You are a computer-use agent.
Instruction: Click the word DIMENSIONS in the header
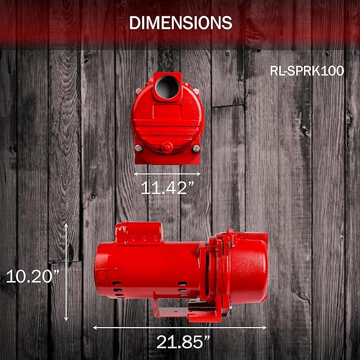click(x=181, y=23)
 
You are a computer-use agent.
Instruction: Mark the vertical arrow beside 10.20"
click(x=66, y=272)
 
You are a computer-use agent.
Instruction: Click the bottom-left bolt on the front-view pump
click(x=138, y=148)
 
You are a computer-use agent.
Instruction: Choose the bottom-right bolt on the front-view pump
click(x=196, y=149)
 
